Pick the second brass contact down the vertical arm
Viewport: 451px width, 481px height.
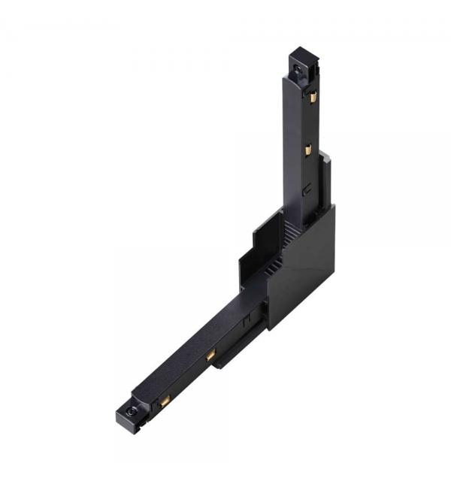click(308, 150)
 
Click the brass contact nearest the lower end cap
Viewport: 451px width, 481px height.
click(165, 399)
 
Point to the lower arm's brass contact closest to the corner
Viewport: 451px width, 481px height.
click(211, 353)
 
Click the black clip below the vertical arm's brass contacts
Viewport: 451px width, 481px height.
click(305, 190)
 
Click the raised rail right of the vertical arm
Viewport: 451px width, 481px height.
click(324, 180)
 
